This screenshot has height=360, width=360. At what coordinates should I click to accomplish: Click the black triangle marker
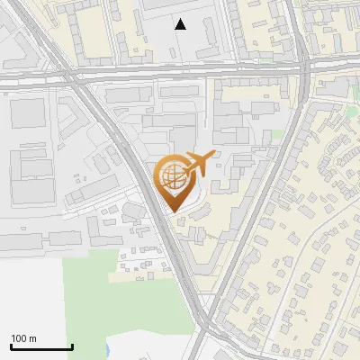click(x=181, y=24)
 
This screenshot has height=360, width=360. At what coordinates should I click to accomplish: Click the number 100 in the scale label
click(x=19, y=338)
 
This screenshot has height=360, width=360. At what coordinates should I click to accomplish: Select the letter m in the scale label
click(x=32, y=338)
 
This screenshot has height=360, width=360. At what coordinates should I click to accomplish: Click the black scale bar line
click(x=40, y=346)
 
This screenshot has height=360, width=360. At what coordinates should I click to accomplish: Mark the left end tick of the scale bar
click(x=10, y=345)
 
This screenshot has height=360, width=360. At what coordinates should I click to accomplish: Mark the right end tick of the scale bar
click(x=72, y=345)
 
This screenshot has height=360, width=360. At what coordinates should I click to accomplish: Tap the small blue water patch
click(x=106, y=349)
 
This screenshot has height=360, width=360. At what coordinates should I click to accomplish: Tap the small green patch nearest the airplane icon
click(x=278, y=134)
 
